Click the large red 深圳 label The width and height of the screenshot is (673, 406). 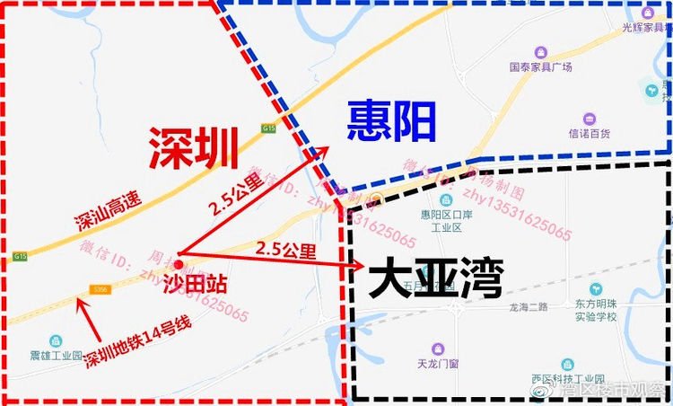tap(193, 146)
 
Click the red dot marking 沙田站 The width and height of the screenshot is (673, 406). tap(179, 264)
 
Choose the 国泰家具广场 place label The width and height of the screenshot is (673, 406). tap(541, 66)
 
